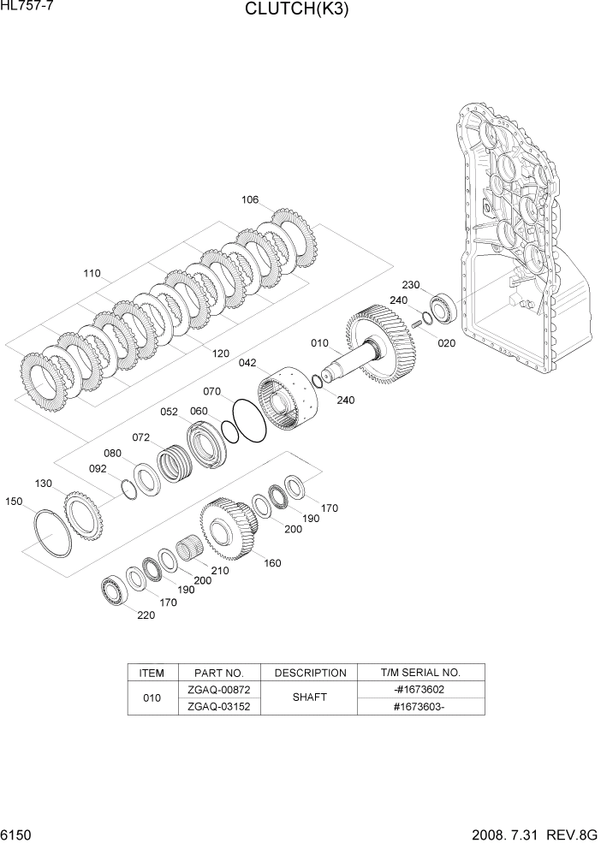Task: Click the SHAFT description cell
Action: (x=309, y=698)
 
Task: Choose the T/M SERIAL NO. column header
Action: (x=420, y=673)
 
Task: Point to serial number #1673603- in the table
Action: (x=420, y=706)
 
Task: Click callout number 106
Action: (x=250, y=200)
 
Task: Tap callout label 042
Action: (x=247, y=363)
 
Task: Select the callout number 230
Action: (x=410, y=285)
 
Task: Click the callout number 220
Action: (x=146, y=615)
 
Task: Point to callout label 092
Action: (x=98, y=468)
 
